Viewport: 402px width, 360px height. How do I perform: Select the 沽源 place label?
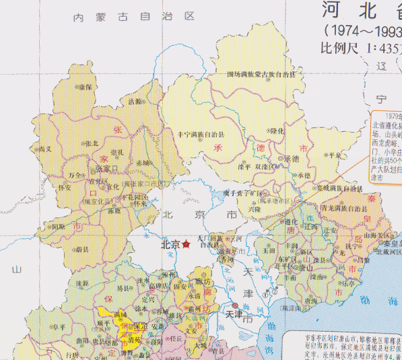(x=135, y=102)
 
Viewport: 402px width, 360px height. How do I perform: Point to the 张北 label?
(x=92, y=143)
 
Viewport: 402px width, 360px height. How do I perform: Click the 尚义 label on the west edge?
(x=45, y=149)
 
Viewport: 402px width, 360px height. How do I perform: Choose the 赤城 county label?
(x=143, y=163)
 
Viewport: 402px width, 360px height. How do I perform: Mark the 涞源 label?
(x=82, y=283)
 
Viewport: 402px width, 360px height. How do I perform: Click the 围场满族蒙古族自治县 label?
(x=261, y=73)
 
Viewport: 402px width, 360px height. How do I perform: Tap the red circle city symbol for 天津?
(x=226, y=307)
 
